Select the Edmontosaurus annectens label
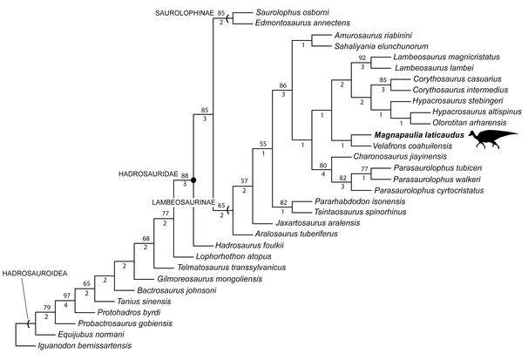click(x=301, y=24)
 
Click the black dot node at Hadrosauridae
click(x=193, y=180)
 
